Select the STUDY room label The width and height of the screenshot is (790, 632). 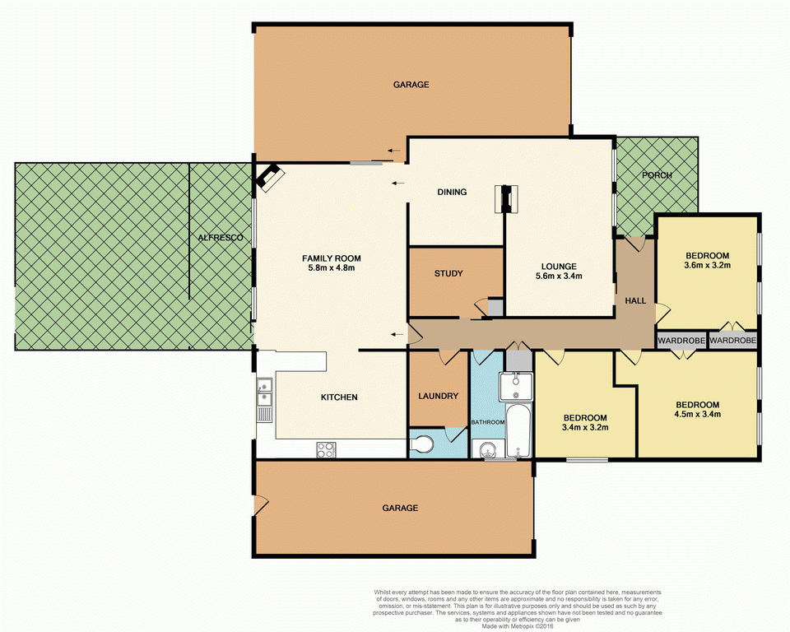[448, 274]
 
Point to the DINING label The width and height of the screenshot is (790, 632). [452, 193]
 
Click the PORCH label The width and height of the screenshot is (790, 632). [657, 175]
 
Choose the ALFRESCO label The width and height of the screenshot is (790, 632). [221, 238]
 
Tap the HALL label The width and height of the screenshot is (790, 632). [635, 301]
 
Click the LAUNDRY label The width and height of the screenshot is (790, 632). [438, 396]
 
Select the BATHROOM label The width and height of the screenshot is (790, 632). [487, 422]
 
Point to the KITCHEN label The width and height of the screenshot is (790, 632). [339, 397]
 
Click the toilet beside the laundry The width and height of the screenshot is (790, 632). [422, 445]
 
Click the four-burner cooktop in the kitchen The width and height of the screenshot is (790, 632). [326, 449]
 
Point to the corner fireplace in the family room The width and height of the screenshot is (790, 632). [269, 177]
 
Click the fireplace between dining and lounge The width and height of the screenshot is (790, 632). [505, 199]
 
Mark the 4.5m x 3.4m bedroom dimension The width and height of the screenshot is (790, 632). [697, 415]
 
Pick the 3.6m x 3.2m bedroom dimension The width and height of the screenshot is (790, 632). [707, 266]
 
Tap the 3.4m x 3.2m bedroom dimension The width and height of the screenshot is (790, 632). [584, 428]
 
